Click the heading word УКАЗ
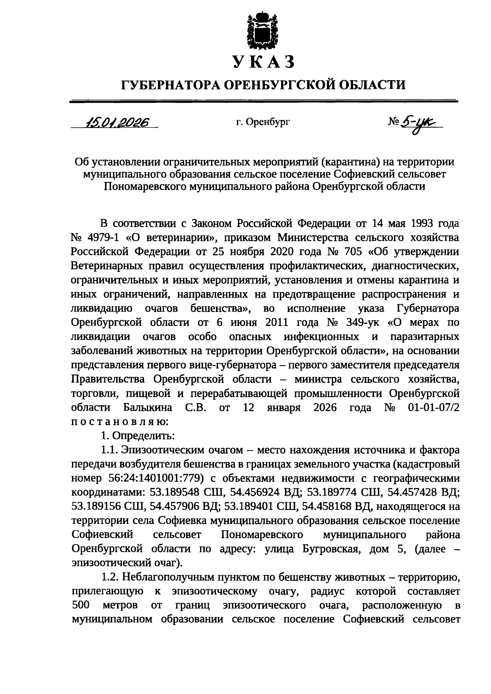(x=264, y=62)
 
